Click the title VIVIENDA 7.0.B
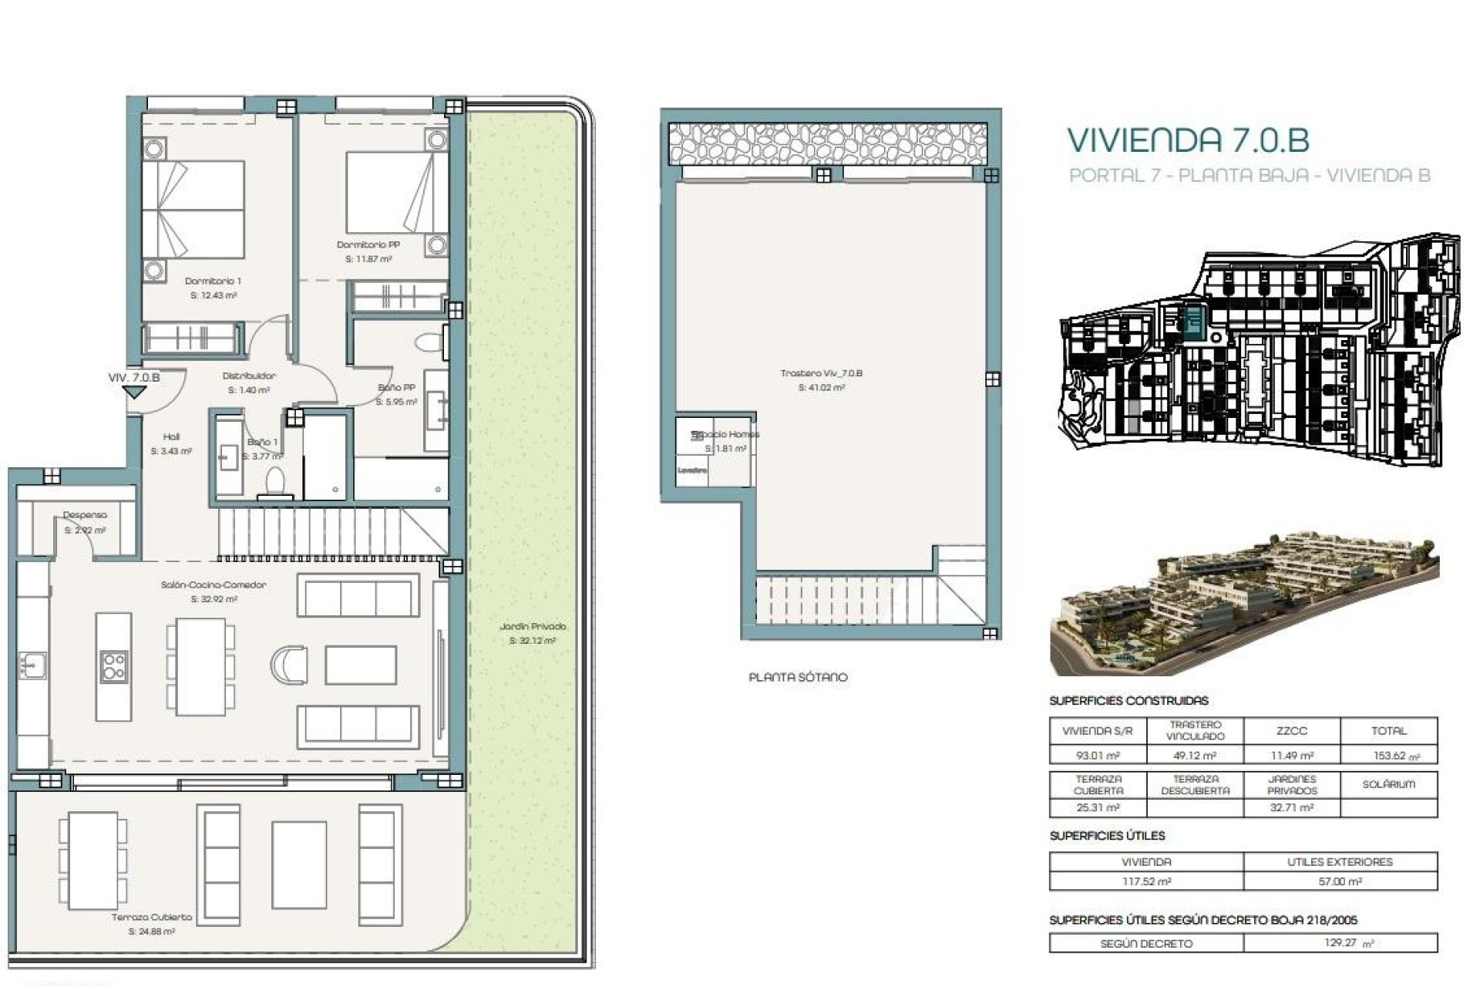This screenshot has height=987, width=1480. click(x=1188, y=140)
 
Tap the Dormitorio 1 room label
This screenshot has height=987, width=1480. click(x=213, y=281)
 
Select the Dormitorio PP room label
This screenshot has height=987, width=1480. click(x=368, y=245)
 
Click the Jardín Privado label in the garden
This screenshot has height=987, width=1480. click(x=533, y=627)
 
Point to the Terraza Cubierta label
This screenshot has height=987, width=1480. click(x=152, y=918)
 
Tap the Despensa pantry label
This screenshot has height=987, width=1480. click(x=85, y=515)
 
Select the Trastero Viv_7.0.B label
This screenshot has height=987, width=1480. click(x=821, y=374)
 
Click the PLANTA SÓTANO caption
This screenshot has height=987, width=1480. click(x=798, y=678)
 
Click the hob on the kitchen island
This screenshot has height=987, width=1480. click(x=113, y=667)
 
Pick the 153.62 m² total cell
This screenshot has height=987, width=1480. click(x=1389, y=756)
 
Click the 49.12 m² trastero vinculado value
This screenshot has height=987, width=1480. click(x=1195, y=756)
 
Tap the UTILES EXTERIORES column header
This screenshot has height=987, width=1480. click(x=1340, y=862)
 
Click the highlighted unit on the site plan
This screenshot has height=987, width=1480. click(x=1194, y=321)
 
